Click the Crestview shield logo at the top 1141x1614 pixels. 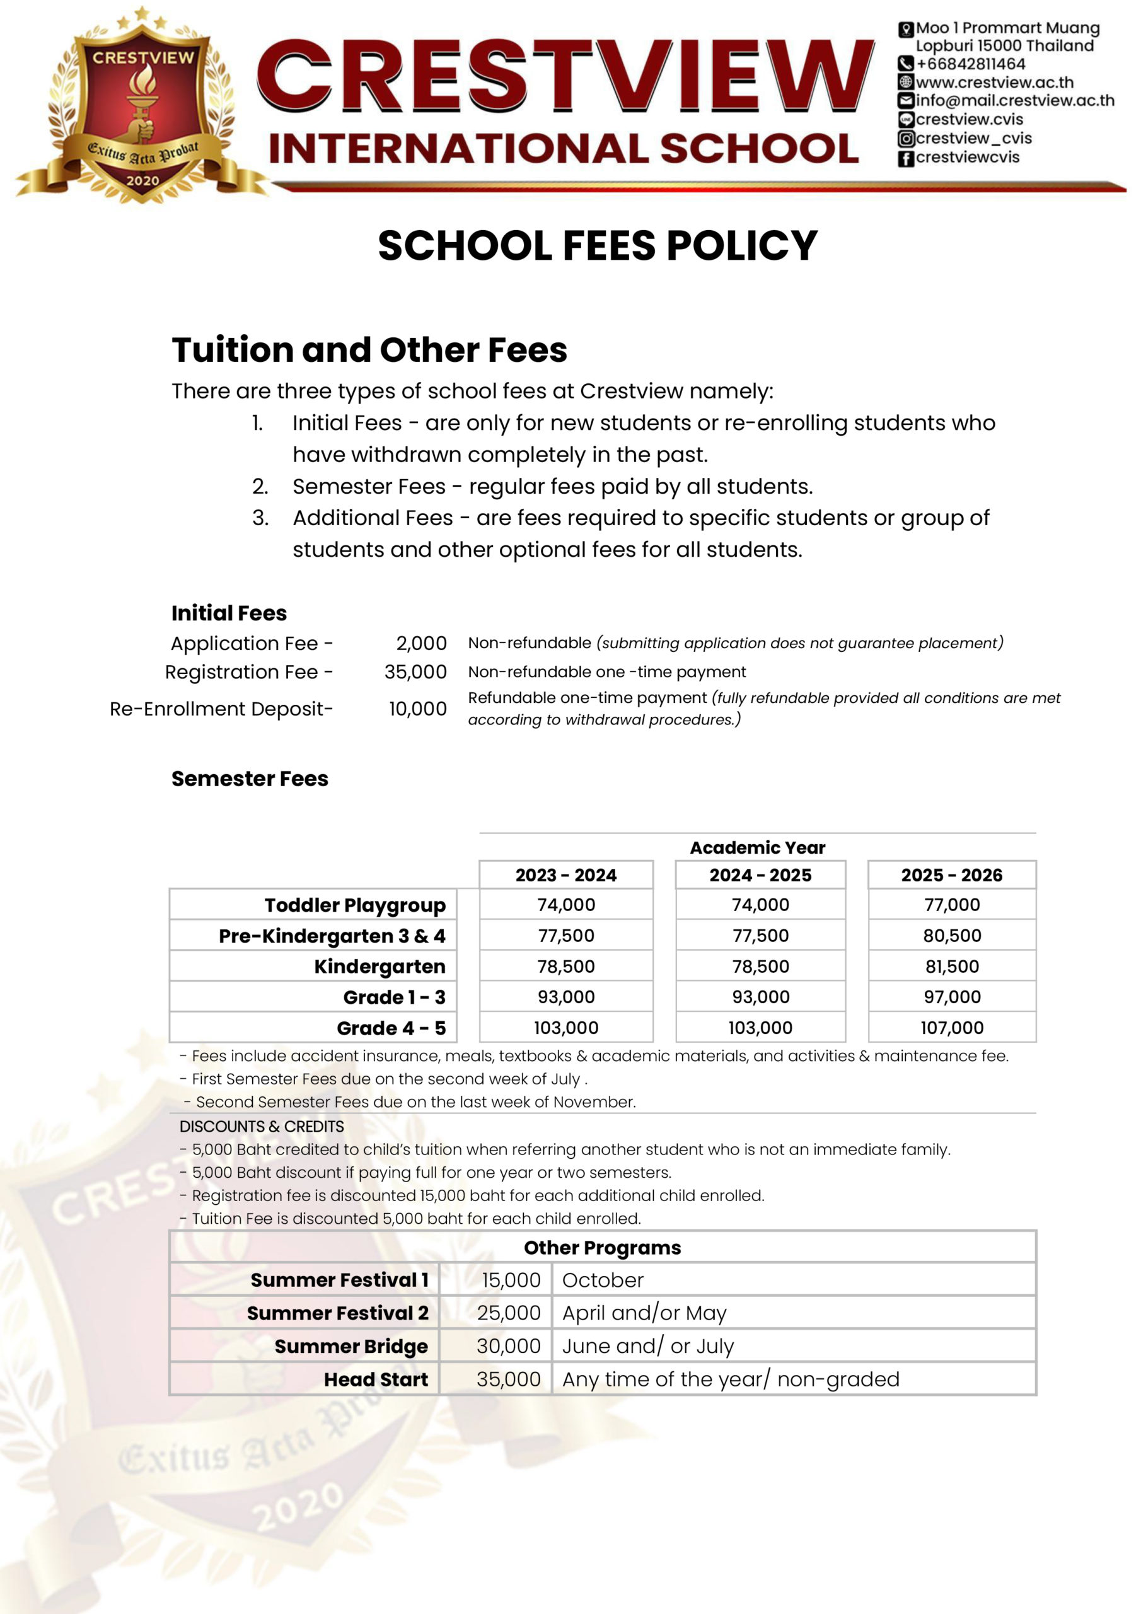point(142,105)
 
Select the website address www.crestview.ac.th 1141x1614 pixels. point(994,82)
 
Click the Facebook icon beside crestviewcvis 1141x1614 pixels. point(905,158)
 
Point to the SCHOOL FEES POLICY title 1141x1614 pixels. point(597,245)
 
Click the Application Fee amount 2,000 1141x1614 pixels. point(421,643)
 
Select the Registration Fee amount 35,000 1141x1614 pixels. point(415,672)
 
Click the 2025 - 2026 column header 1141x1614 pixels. point(951,875)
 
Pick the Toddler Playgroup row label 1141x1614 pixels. point(354,905)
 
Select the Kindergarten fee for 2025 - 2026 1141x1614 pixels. point(951,967)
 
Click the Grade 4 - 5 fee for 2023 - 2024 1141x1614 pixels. point(566,1028)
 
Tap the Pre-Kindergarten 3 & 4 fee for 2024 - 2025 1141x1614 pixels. point(760,936)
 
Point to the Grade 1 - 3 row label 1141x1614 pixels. point(394,997)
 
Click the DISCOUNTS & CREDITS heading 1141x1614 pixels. point(262,1126)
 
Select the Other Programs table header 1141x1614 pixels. point(602,1247)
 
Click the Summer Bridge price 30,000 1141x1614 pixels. point(508,1345)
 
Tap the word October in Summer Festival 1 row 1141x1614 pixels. point(603,1280)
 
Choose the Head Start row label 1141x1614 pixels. point(376,1379)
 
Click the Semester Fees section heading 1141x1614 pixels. point(250,779)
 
